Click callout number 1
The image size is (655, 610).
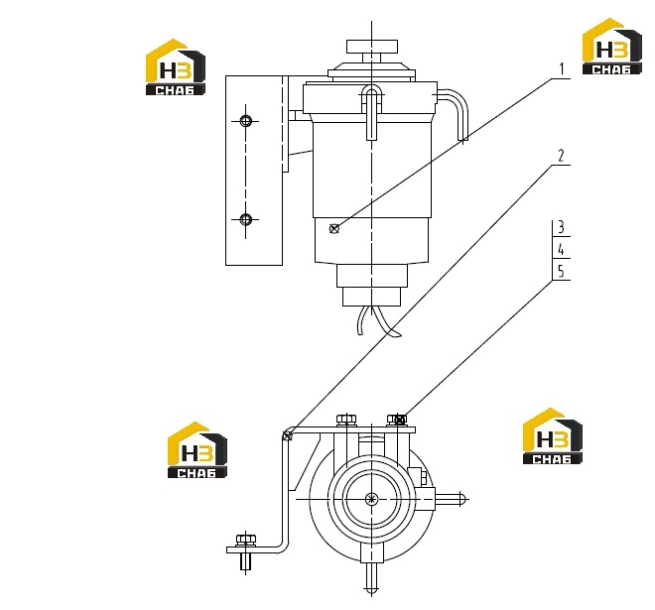tap(562, 69)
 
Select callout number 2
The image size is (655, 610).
tap(561, 156)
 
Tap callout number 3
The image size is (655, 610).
tap(561, 227)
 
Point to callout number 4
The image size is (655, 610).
tap(561, 250)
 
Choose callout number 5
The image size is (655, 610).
tap(561, 272)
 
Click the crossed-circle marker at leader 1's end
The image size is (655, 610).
tap(334, 228)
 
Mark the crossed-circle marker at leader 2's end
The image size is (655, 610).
tap(288, 435)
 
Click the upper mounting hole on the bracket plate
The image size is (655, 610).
tap(246, 121)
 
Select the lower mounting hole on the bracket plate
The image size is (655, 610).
tap(246, 219)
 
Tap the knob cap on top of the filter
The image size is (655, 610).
tap(372, 47)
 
